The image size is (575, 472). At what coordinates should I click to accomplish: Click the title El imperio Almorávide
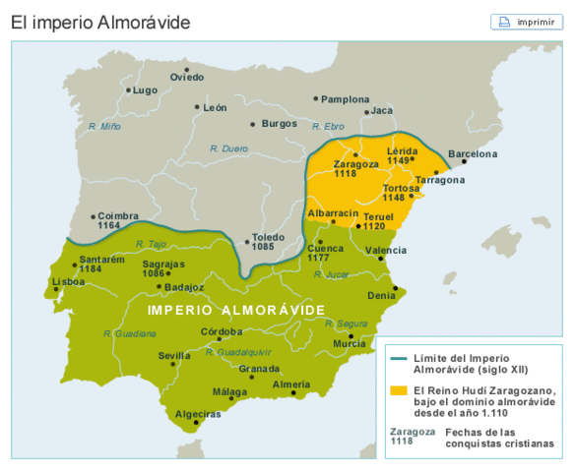click(x=100, y=22)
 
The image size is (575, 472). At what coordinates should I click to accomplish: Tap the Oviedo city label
click(x=187, y=77)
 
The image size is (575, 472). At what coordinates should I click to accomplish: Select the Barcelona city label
click(x=473, y=154)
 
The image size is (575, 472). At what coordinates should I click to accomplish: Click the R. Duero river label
click(x=228, y=148)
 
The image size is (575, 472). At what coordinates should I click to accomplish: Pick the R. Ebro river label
click(x=329, y=127)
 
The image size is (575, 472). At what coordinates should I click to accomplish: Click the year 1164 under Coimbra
click(x=110, y=226)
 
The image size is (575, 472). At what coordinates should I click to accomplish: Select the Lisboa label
click(x=69, y=281)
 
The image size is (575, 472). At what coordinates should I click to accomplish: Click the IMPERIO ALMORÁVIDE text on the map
click(x=236, y=310)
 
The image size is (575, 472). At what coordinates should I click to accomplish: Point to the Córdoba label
click(x=222, y=332)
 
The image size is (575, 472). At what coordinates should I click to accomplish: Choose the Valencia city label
click(x=385, y=250)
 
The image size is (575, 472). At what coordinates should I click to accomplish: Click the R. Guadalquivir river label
click(x=238, y=351)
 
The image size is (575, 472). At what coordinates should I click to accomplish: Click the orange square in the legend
click(x=397, y=390)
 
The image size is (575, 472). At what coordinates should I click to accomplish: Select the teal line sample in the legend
click(x=397, y=358)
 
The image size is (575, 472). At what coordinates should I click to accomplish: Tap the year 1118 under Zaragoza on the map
click(x=346, y=174)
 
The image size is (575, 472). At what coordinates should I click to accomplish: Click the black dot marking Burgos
click(x=253, y=125)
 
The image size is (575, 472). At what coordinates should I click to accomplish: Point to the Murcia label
click(x=349, y=344)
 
